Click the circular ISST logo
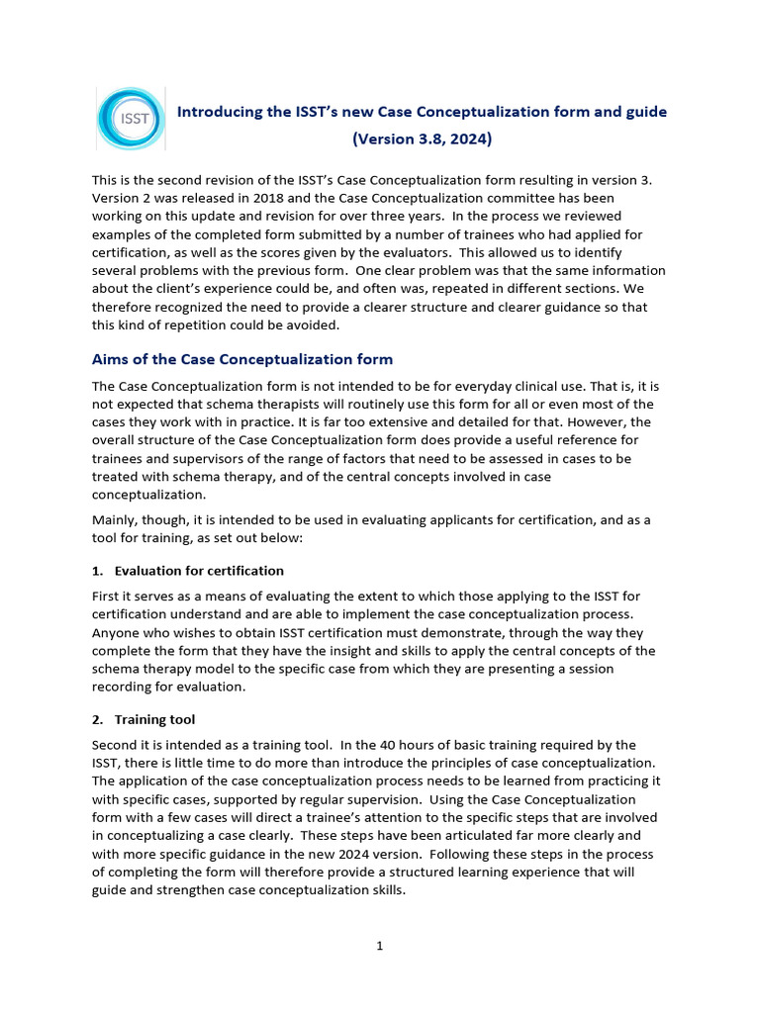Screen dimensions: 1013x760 pos(133,119)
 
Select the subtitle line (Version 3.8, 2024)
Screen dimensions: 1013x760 pos(422,139)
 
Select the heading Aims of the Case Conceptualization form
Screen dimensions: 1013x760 pos(242,359)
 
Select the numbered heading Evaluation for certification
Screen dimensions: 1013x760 pos(199,571)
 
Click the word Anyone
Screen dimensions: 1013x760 pos(116,631)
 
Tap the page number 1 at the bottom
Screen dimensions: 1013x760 pos(379,947)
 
